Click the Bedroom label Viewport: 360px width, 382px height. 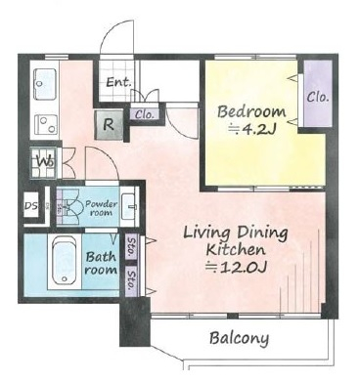pyautogui.click(x=251, y=111)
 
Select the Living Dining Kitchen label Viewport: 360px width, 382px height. pyautogui.click(x=236, y=241)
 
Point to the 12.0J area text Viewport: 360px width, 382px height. pyautogui.click(x=237, y=268)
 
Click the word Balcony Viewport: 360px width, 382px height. pyautogui.click(x=240, y=339)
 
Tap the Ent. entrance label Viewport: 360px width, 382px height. pyautogui.click(x=118, y=82)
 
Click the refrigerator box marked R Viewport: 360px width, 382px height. pyautogui.click(x=109, y=124)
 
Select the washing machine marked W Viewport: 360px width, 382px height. pyautogui.click(x=44, y=162)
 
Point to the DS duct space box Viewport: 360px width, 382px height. pyautogui.click(x=31, y=206)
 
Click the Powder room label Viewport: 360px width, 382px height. pyautogui.click(x=101, y=208)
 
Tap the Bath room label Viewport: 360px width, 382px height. pyautogui.click(x=101, y=263)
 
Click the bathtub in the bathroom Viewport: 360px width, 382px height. pyautogui.click(x=65, y=262)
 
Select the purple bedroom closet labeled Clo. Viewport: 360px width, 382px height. pyautogui.click(x=318, y=94)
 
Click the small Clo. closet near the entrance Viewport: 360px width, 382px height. pyautogui.click(x=145, y=114)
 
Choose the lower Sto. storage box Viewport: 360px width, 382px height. pyautogui.click(x=132, y=280)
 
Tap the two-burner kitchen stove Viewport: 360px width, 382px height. pyautogui.click(x=46, y=124)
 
